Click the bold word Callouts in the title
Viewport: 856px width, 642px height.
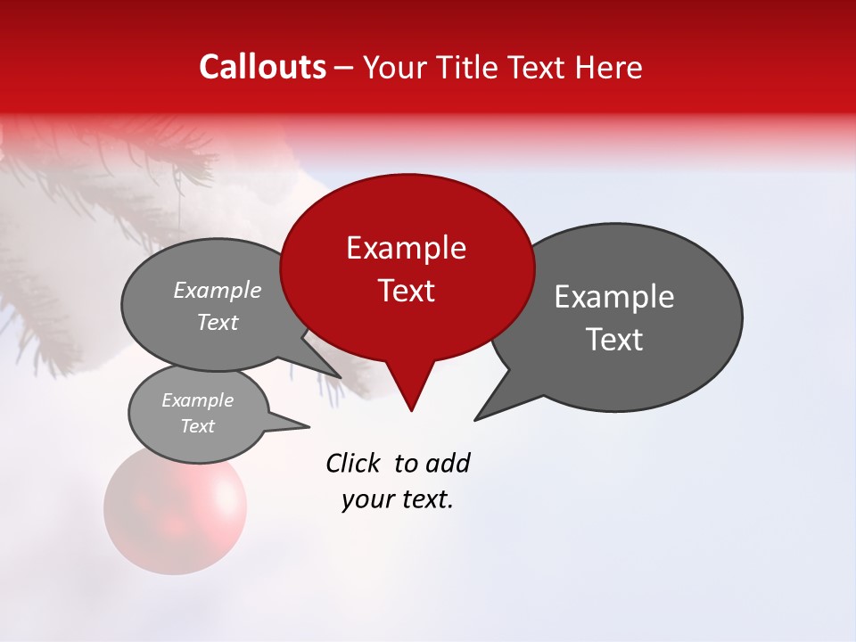[262, 67]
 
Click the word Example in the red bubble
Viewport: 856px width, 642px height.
[406, 248]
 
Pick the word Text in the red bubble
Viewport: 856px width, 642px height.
[406, 291]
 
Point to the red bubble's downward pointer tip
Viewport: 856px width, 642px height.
[411, 410]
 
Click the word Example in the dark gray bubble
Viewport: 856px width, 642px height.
[614, 297]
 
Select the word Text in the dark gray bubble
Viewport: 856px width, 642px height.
[615, 340]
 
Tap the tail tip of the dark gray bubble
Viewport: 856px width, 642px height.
[476, 419]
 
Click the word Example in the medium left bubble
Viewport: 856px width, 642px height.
[218, 291]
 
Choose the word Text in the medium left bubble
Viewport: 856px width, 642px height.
[218, 322]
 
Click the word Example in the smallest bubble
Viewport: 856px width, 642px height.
[198, 400]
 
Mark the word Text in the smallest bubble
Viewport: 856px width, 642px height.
[198, 426]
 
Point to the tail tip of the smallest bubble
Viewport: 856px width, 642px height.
[309, 427]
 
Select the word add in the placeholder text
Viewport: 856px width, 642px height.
[448, 463]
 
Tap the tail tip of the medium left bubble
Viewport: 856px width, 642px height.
[341, 377]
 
